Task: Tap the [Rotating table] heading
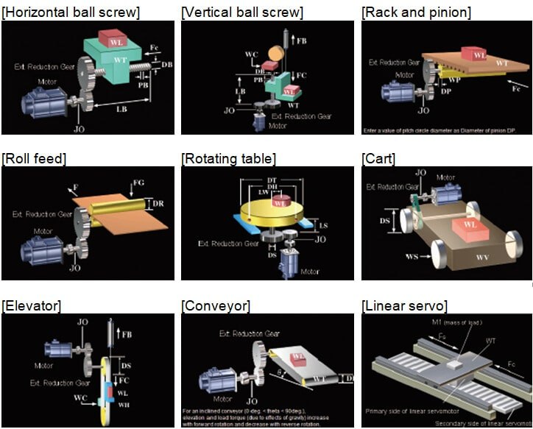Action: pos(229,158)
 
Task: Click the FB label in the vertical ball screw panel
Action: pos(301,40)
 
